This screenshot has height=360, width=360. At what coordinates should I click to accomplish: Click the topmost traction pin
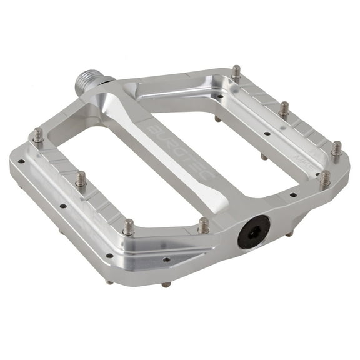(236, 72)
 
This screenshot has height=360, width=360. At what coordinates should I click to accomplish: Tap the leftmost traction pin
(38, 136)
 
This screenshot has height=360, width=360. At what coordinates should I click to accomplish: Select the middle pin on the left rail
(81, 180)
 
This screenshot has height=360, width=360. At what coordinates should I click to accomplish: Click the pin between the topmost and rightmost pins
(284, 109)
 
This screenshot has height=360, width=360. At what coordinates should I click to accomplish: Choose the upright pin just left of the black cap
(203, 225)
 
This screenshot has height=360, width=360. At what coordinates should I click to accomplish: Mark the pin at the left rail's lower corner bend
(128, 227)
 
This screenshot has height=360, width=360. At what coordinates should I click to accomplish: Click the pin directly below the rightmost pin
(324, 179)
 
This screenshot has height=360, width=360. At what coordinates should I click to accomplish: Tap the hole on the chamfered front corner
(166, 260)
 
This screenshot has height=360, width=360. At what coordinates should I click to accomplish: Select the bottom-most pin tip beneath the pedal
(166, 284)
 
